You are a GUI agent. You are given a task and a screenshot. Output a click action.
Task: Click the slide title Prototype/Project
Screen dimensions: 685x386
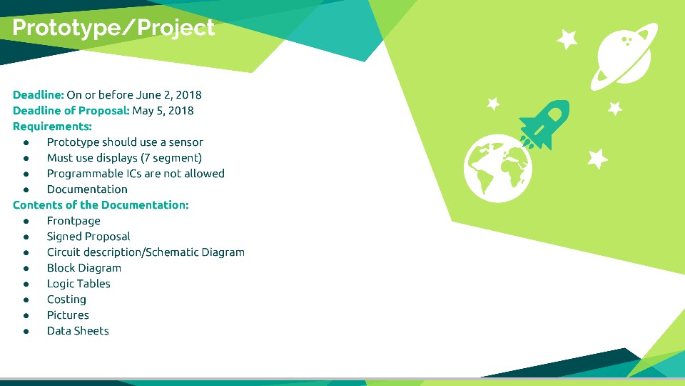[113, 28]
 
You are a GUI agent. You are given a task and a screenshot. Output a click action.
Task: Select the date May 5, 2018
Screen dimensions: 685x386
[163, 111]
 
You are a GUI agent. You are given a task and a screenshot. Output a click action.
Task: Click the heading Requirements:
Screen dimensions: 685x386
[52, 127]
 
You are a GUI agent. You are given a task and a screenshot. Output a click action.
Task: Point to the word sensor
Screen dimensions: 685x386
[186, 143]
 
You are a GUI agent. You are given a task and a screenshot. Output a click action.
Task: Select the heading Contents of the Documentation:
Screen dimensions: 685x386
[101, 205]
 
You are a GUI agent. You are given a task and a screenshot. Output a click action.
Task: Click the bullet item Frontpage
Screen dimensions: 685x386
[73, 221]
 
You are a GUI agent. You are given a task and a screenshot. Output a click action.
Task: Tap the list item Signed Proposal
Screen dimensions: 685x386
[88, 237]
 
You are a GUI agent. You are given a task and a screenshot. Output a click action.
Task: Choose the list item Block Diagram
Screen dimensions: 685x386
[84, 268]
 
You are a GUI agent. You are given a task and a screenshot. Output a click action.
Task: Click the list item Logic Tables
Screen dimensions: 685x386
[78, 284]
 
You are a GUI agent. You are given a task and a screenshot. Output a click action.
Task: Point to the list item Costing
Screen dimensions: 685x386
[67, 300]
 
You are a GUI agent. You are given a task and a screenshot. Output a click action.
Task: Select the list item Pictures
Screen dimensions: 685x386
[68, 315]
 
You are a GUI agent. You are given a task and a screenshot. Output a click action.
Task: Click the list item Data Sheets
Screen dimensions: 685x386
[78, 331]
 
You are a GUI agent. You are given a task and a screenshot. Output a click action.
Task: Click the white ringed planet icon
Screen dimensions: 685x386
[624, 56]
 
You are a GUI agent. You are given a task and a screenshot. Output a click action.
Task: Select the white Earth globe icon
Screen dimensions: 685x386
[498, 169]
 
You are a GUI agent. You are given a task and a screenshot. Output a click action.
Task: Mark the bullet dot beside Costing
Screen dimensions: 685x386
[26, 300]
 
